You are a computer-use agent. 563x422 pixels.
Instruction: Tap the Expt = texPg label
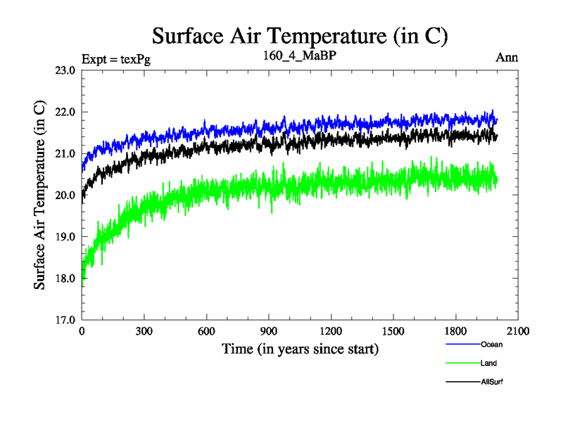[x=116, y=58]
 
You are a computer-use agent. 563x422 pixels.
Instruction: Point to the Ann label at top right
[x=507, y=58]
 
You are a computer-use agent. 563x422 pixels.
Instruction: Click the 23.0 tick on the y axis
[x=66, y=70]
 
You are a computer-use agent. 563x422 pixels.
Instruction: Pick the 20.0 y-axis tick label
[x=66, y=195]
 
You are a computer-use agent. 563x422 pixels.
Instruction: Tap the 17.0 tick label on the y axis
[x=66, y=320]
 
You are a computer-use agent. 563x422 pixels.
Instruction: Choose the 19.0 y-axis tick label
[x=66, y=237]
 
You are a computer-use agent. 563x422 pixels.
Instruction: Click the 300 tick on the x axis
[x=144, y=331]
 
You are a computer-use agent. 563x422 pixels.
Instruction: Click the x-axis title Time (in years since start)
[x=301, y=349]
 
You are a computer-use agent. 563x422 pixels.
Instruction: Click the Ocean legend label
[x=492, y=345]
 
